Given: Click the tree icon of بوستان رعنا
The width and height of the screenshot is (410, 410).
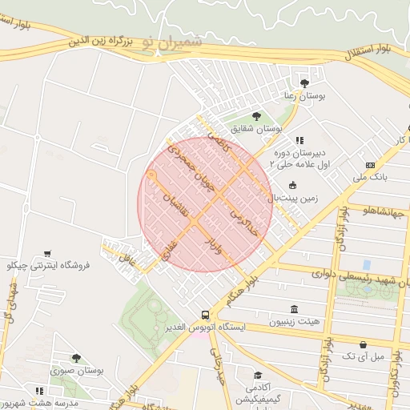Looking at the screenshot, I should (x=303, y=82).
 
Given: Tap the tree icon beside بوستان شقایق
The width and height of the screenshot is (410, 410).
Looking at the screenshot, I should (x=256, y=116).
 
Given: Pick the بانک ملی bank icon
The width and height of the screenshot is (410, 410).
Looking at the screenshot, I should (x=369, y=165).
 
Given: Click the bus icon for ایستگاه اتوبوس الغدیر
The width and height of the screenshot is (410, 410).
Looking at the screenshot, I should (x=206, y=315).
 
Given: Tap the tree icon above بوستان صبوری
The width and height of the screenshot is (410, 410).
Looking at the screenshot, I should (x=76, y=358).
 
